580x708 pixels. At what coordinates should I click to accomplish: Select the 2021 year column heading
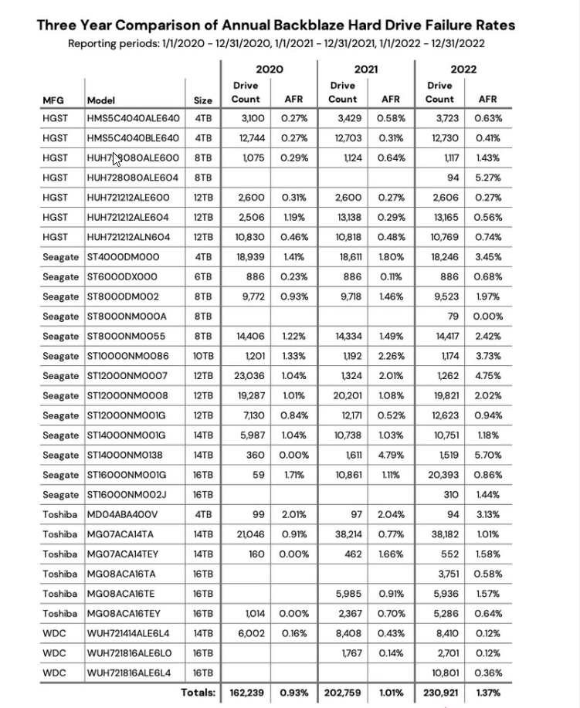pyautogui.click(x=365, y=69)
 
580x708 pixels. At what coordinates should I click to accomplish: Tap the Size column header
pyautogui.click(x=203, y=100)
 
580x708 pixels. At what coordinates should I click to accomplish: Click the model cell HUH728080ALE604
pyautogui.click(x=133, y=178)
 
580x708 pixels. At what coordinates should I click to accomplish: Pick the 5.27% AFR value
pyautogui.click(x=487, y=178)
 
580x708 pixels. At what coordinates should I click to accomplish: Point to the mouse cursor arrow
pyautogui.click(x=117, y=158)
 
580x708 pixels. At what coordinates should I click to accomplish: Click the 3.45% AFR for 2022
pyautogui.click(x=487, y=257)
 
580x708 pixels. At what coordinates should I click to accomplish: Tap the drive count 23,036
pyautogui.click(x=249, y=376)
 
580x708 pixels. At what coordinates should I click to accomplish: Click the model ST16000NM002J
pyautogui.click(x=128, y=495)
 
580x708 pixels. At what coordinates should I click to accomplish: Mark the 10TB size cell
pyautogui.click(x=203, y=356)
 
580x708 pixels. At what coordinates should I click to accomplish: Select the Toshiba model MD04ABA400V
pyautogui.click(x=123, y=515)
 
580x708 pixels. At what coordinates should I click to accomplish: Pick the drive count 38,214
pyautogui.click(x=347, y=534)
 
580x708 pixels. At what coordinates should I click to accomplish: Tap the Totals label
pyautogui.click(x=198, y=693)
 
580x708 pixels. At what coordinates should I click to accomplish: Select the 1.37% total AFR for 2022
pyautogui.click(x=487, y=693)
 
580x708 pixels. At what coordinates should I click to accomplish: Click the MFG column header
pyautogui.click(x=53, y=100)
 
